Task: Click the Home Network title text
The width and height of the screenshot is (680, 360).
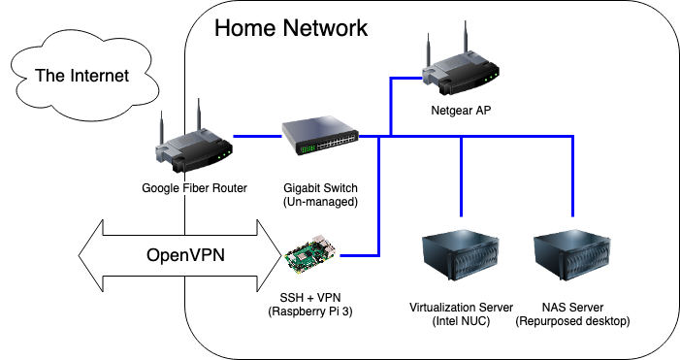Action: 291,28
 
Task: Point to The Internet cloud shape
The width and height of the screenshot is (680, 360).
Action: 81,76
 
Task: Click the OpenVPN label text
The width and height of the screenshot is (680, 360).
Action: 185,256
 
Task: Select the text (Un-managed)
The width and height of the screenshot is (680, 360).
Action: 320,202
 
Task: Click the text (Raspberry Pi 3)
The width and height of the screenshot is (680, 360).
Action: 309,311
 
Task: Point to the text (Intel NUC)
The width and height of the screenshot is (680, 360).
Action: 462,321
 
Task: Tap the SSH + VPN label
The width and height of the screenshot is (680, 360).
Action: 309,297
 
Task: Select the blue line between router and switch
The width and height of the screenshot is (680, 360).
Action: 258,137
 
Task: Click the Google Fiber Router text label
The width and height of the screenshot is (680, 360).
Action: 193,188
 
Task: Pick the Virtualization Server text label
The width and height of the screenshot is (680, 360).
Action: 462,307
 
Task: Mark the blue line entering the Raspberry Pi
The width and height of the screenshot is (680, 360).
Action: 357,255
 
